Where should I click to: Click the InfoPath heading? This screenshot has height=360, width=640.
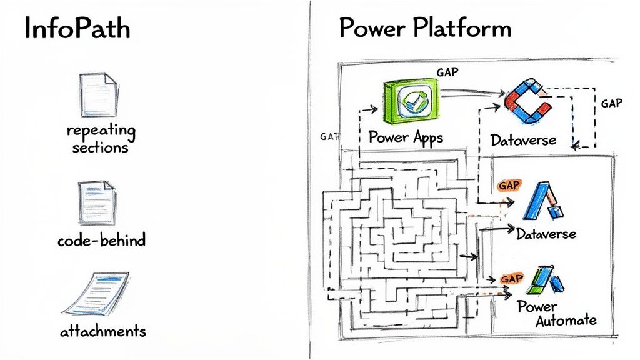tap(77, 29)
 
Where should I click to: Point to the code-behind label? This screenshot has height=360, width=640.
tap(101, 240)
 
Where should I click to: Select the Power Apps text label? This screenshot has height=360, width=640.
tap(406, 137)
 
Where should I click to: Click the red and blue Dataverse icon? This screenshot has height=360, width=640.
tap(526, 100)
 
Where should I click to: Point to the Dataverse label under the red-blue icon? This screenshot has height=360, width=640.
tap(523, 139)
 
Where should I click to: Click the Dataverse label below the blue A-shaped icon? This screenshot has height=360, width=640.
tap(546, 235)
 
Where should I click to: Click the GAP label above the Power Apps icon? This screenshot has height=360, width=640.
tap(447, 72)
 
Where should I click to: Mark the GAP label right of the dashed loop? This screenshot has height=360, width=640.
tap(611, 103)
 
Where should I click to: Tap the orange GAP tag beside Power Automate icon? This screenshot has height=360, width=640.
tap(512, 278)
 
